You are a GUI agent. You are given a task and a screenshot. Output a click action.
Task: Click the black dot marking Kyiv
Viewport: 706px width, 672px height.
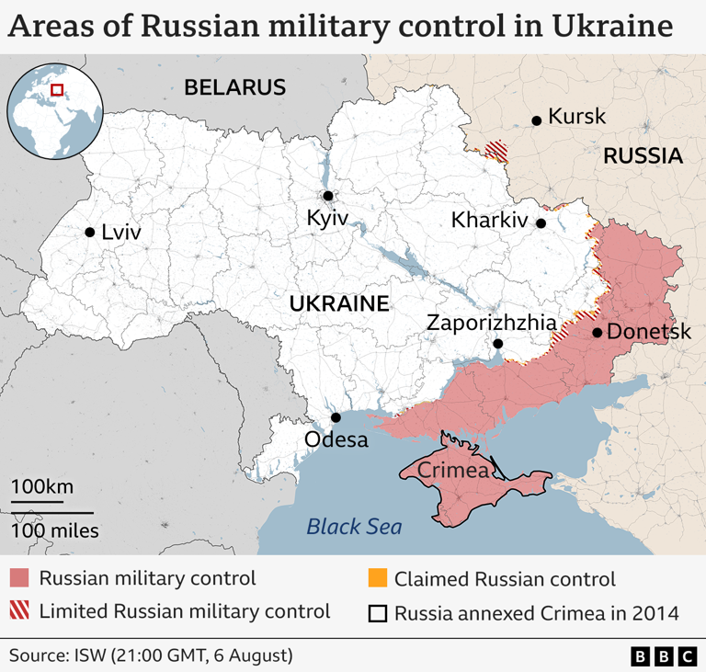(x=327, y=196)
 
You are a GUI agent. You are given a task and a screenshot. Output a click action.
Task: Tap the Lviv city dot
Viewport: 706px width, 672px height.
(x=90, y=233)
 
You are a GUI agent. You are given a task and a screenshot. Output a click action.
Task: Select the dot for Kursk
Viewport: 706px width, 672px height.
(x=537, y=120)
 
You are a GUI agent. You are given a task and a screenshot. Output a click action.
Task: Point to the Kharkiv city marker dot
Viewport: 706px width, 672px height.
(x=541, y=223)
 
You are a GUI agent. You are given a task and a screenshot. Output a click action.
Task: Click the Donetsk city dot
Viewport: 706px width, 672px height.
(x=598, y=333)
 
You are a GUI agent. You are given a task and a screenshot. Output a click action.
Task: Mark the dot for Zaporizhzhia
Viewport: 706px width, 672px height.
(x=497, y=344)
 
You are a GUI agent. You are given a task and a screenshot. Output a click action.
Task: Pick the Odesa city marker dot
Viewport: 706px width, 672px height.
(x=336, y=417)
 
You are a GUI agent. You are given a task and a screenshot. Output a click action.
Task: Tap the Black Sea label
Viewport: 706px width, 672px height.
(x=354, y=527)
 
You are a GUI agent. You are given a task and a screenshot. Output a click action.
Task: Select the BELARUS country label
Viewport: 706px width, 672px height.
(x=235, y=88)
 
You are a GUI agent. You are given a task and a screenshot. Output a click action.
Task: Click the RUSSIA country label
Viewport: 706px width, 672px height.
(x=643, y=156)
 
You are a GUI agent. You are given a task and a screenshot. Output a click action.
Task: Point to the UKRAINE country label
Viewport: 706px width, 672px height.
(x=339, y=304)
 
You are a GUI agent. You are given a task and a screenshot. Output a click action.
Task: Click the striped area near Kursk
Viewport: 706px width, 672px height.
(x=497, y=149)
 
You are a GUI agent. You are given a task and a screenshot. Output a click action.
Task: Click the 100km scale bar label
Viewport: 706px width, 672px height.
(x=41, y=487)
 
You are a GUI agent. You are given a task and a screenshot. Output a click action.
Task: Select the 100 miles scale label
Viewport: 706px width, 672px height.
(x=54, y=530)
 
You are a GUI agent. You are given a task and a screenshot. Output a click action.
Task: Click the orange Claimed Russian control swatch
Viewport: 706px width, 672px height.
(x=376, y=579)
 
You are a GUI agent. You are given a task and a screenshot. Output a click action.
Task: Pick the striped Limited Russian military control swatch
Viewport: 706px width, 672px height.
(x=19, y=611)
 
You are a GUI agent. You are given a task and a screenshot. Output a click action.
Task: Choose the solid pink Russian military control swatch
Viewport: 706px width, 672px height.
(x=19, y=579)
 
